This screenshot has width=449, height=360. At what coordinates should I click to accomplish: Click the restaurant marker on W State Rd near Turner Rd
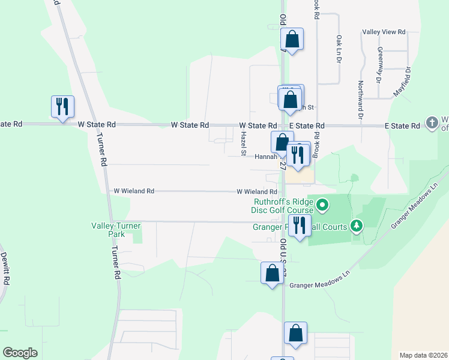point(63,107)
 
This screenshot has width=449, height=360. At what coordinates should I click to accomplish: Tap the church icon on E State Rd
point(432,123)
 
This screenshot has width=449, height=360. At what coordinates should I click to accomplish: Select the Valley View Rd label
point(384,32)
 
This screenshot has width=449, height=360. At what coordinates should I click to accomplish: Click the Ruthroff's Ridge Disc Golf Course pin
point(322,206)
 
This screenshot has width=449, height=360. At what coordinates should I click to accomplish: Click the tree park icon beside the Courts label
point(358,225)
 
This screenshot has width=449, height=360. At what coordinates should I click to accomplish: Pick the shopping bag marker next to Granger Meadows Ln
point(272,273)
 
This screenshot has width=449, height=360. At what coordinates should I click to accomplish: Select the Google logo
point(20,353)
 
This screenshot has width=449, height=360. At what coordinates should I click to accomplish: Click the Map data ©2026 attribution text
point(423,355)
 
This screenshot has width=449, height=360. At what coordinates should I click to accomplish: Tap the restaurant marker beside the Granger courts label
point(299,226)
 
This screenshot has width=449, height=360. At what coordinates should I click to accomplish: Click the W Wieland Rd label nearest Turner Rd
point(134,191)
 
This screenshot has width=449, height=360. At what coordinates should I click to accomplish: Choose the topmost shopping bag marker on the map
point(292,40)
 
